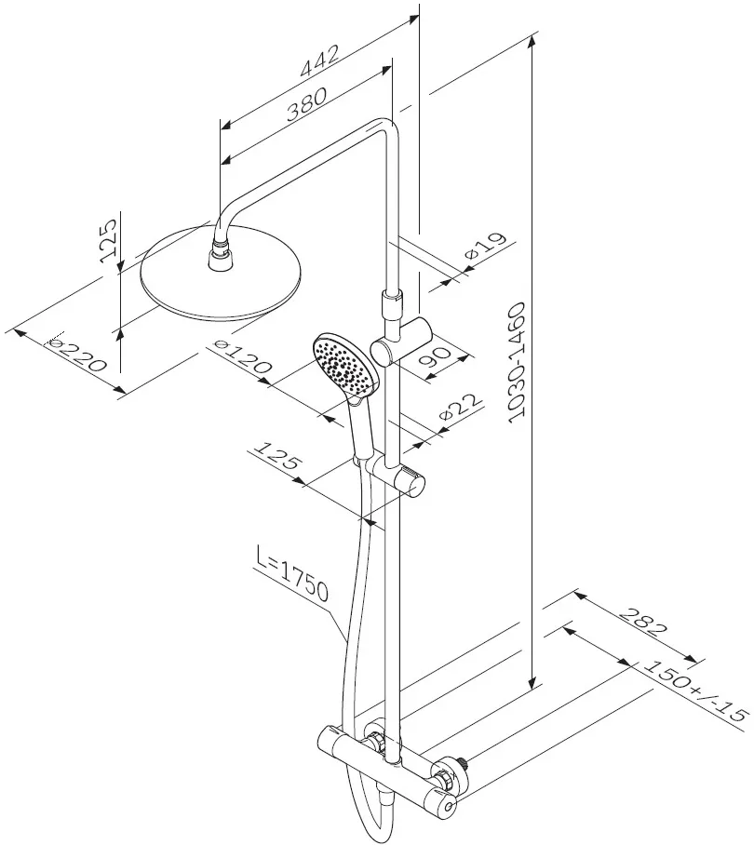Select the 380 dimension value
306,104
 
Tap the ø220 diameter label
76,355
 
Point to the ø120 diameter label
243,356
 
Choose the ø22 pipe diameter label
461,407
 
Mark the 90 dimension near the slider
435,356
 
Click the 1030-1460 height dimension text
517,362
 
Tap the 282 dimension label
642,622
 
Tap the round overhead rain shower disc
221,275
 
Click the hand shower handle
360,428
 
